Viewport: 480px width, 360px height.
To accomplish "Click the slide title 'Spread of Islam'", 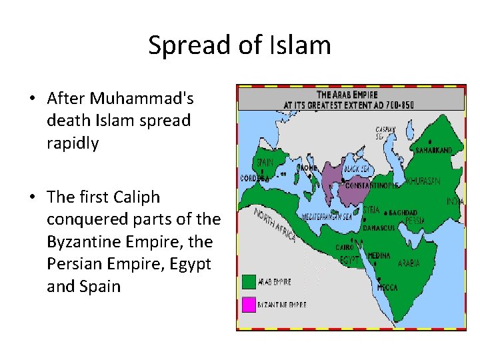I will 239,45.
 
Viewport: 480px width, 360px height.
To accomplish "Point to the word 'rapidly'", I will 73,143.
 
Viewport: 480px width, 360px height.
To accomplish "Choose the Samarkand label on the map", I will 434,151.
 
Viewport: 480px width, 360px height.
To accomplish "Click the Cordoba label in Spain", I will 255,179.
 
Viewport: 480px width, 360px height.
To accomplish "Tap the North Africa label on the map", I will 275,225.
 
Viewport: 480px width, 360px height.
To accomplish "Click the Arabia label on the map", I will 409,263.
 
